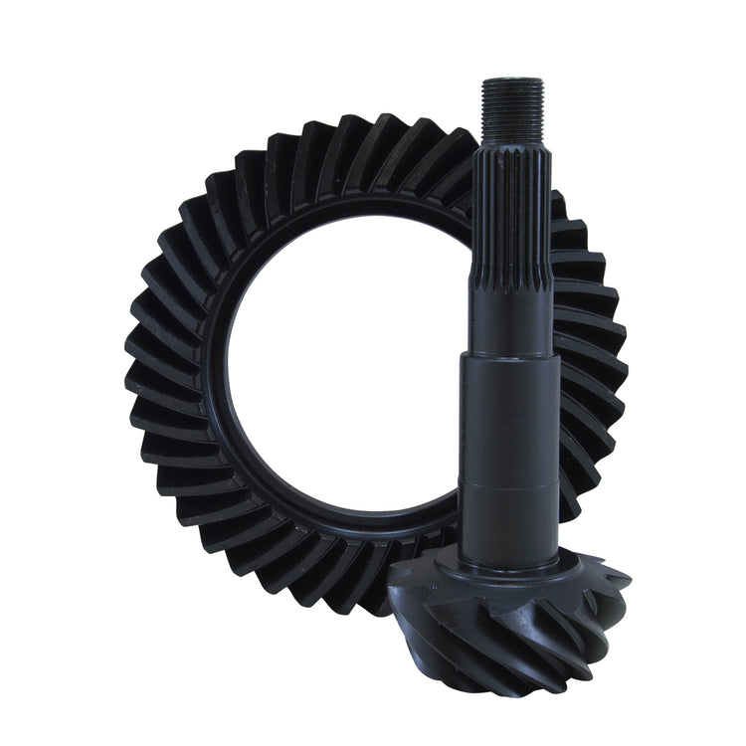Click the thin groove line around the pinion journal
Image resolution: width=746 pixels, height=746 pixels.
pyautogui.click(x=509, y=485)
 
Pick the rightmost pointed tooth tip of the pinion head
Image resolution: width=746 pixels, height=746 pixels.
pyautogui.click(x=629, y=577)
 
